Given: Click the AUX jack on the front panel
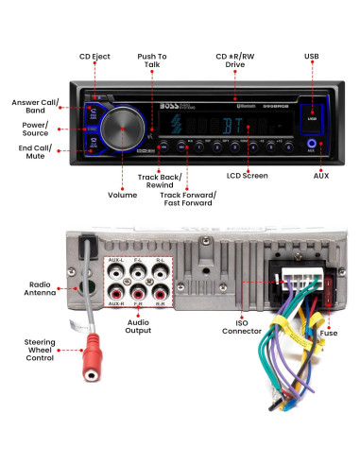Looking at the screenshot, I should [311, 146].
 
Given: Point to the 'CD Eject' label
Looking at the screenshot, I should [94, 57].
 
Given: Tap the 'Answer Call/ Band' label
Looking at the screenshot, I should [33, 106].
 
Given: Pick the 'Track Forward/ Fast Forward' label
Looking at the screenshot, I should [188, 198].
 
